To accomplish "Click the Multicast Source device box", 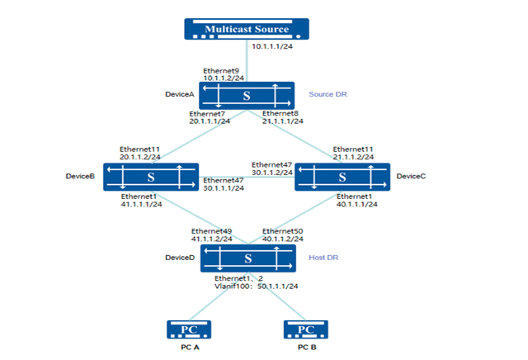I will tap(247, 31).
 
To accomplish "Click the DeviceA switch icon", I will tap(246, 96).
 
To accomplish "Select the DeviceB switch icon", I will tap(150, 177).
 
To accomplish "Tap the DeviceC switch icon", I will tap(342, 177).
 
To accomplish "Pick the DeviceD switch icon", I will tap(246, 258).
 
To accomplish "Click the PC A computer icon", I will tap(190, 330).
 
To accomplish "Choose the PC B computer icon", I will tap(304, 330).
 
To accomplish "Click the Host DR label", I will tap(323, 258).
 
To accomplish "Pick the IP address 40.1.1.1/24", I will tap(356, 204).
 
